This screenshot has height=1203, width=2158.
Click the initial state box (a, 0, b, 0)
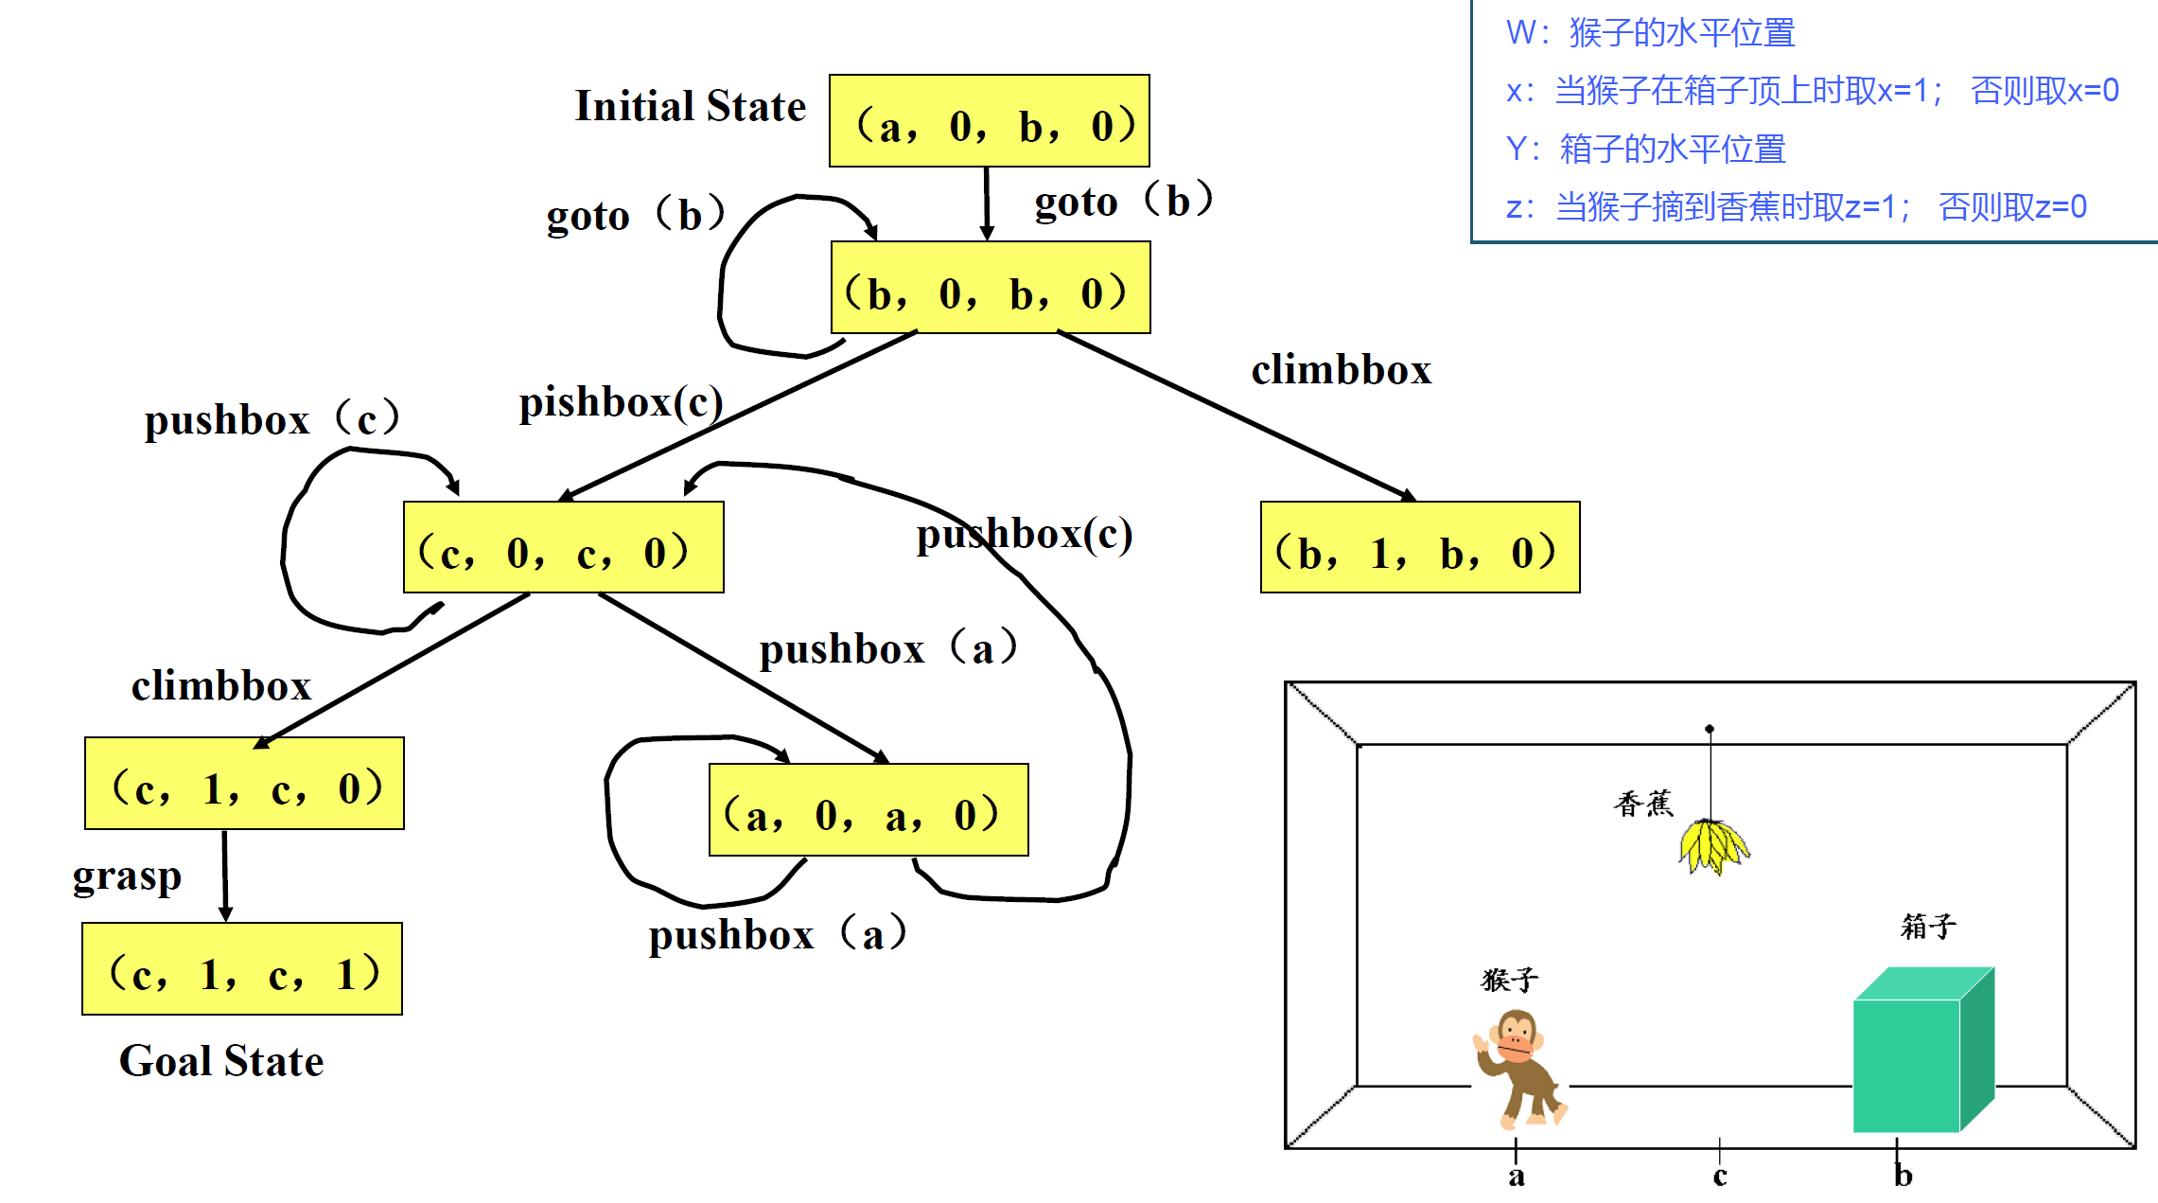[989, 121]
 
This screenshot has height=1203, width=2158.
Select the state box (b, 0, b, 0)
[990, 288]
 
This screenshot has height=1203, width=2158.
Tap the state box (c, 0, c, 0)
[563, 548]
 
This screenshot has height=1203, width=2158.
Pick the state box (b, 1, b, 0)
[1419, 548]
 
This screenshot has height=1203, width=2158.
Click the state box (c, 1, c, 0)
[244, 784]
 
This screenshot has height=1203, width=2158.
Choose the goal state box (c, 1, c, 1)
[242, 969]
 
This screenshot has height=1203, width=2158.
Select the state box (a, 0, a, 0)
[868, 810]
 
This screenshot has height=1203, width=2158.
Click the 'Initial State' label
[690, 106]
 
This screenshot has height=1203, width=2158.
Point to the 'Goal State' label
[221, 1061]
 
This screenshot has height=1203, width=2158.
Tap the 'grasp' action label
[127, 876]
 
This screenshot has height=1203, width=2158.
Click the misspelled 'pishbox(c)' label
[621, 403]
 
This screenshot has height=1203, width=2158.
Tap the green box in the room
[1921, 1051]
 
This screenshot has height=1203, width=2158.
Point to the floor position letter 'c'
[1719, 1176]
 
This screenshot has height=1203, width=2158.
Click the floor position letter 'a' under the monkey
[1516, 1176]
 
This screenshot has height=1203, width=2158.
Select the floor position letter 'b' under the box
[1903, 1176]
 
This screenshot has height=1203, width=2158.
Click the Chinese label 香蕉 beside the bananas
[1643, 804]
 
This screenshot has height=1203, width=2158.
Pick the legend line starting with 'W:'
[1650, 33]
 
